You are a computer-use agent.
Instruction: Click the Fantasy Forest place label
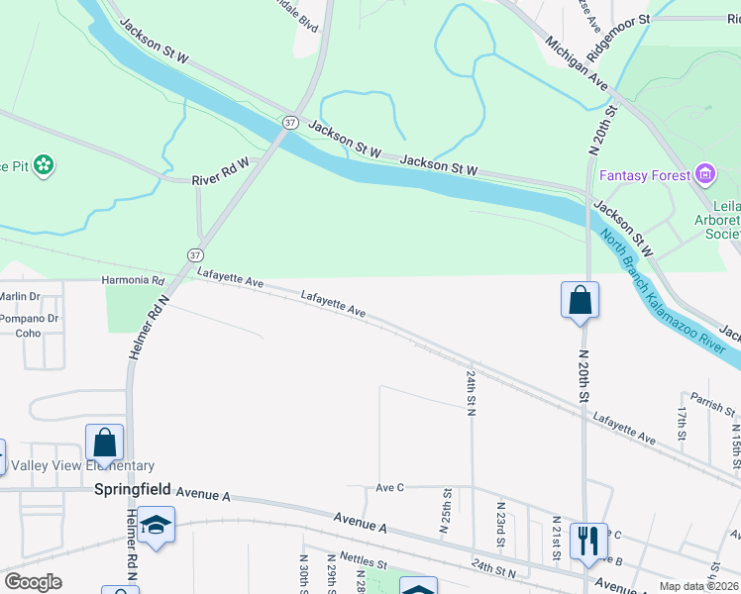click(x=644, y=176)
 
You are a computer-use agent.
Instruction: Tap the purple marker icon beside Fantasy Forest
click(x=705, y=176)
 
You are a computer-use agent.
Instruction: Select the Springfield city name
click(x=133, y=490)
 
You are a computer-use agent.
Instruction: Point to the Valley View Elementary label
click(x=82, y=466)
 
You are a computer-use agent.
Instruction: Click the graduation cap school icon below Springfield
click(x=157, y=524)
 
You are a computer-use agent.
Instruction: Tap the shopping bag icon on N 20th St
click(x=580, y=300)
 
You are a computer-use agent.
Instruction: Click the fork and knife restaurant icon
click(x=588, y=541)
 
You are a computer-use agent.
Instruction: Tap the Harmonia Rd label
click(x=132, y=281)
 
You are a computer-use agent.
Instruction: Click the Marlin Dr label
click(x=20, y=296)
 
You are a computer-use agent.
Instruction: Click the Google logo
click(x=33, y=582)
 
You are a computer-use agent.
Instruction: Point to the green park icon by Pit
click(x=43, y=165)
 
